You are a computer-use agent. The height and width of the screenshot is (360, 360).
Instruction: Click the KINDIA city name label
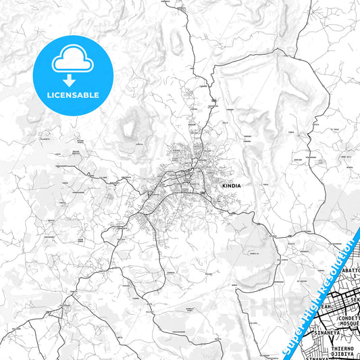(x=231, y=184)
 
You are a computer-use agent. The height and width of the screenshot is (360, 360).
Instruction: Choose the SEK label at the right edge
(x=355, y=287)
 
